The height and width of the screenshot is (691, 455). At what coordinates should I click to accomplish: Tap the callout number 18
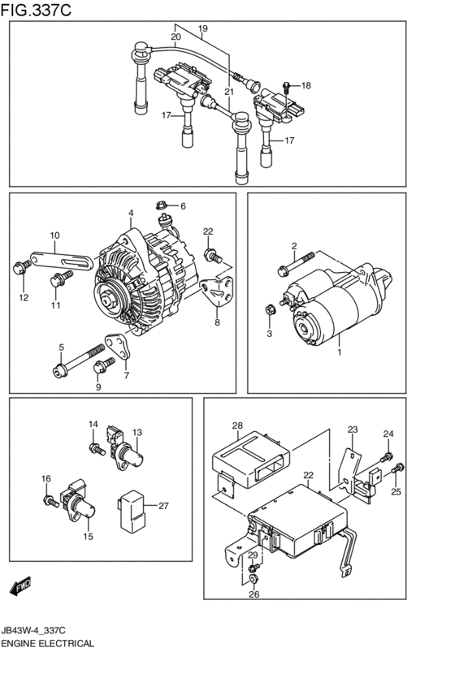pos(305,85)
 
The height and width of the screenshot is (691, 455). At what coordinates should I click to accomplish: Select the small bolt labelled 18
pos(287,85)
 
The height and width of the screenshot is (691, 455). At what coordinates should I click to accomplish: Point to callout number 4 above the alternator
pos(129,214)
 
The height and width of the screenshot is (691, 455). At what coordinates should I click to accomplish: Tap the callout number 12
pos(24,298)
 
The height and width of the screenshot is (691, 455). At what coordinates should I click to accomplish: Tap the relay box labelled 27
pos(133,506)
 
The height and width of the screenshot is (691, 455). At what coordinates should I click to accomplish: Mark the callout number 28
pos(237,425)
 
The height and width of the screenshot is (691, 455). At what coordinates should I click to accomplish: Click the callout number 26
pos(253,594)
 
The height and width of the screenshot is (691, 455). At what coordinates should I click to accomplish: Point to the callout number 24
pos(388,434)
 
